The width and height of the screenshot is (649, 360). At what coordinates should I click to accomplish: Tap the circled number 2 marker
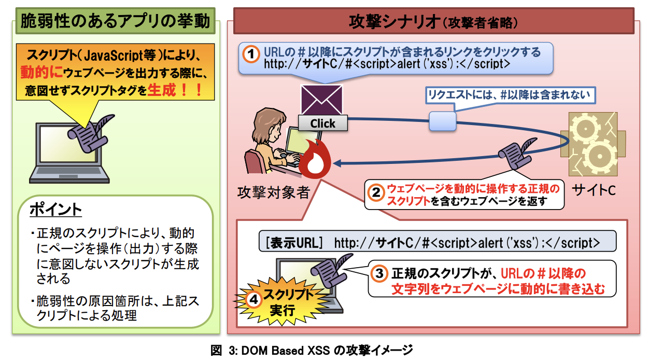click(375, 192)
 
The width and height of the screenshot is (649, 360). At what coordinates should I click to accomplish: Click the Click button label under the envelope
click(322, 123)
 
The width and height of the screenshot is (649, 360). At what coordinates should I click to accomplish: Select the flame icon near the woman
click(316, 158)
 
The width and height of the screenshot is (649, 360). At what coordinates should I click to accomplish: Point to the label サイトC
click(594, 190)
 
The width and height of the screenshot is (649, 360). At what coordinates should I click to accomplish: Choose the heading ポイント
click(55, 210)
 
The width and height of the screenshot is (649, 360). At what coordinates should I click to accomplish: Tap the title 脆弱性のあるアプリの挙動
click(115, 21)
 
